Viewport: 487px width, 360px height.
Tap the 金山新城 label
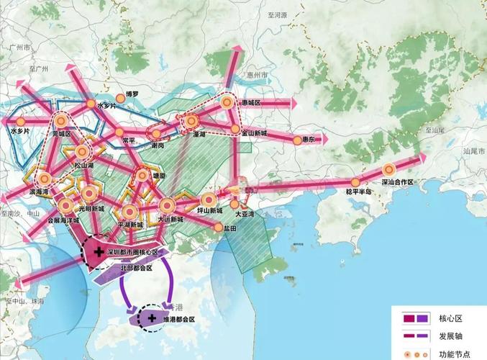click(x=254, y=133)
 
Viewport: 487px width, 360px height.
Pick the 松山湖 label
click(x=85, y=165)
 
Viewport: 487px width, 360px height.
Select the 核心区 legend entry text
click(x=450, y=318)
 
